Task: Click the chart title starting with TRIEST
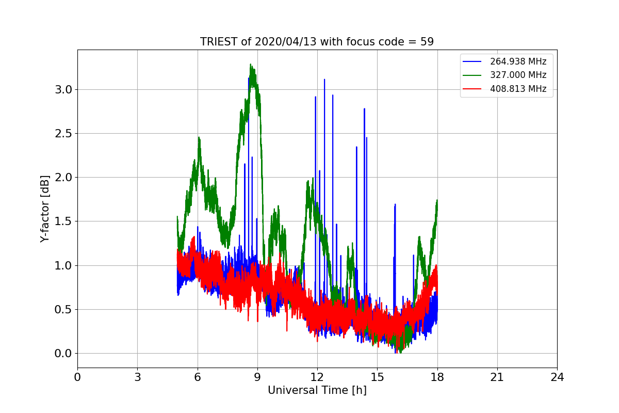pyautogui.click(x=317, y=42)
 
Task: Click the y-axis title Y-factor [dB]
pyautogui.click(x=45, y=209)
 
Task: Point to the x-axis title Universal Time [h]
pyautogui.click(x=317, y=390)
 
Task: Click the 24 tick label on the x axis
pyautogui.click(x=557, y=377)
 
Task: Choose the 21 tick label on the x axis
pyautogui.click(x=497, y=377)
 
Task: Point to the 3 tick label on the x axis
pyautogui.click(x=137, y=377)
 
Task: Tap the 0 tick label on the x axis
pyautogui.click(x=77, y=377)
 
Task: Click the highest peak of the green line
pyautogui.click(x=251, y=65)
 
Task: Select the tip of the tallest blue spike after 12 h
pyautogui.click(x=324, y=80)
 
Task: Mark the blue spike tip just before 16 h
pyautogui.click(x=395, y=204)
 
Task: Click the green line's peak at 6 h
pyautogui.click(x=199, y=137)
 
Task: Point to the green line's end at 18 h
pyautogui.click(x=437, y=200)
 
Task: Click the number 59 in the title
pyautogui.click(x=427, y=42)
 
